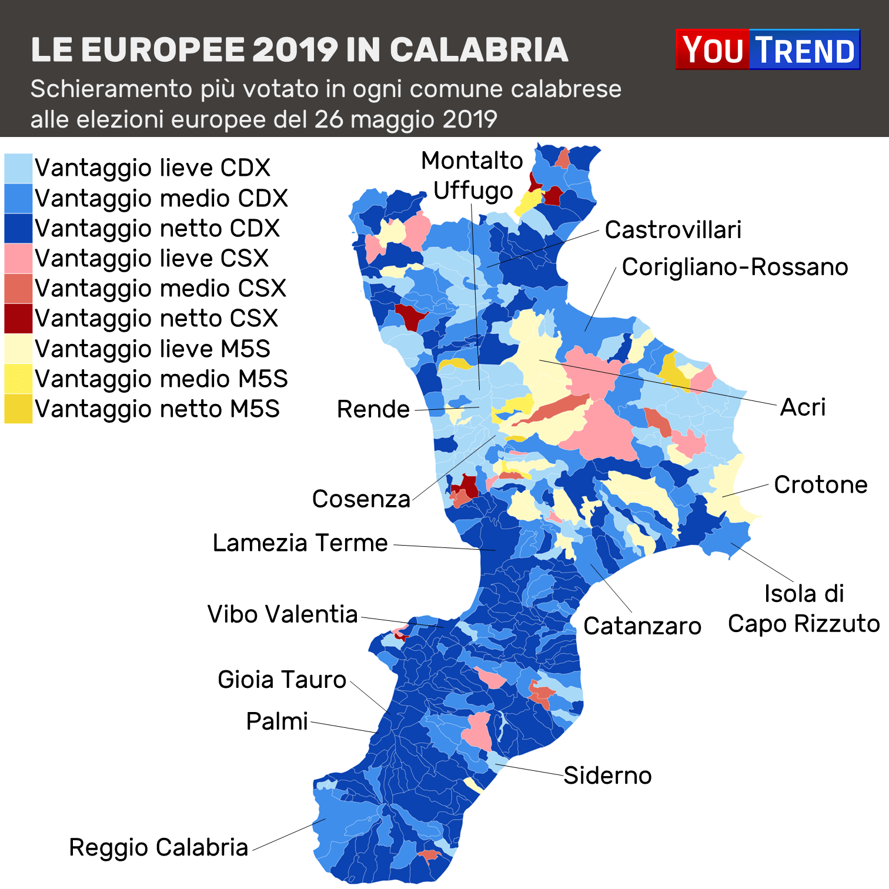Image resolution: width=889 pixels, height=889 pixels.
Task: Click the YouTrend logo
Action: (767, 49)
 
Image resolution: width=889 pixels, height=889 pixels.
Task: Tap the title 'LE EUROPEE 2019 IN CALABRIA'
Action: (299, 49)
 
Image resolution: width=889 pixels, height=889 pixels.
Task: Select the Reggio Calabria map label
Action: (158, 847)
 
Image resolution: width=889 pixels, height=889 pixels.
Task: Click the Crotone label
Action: (820, 484)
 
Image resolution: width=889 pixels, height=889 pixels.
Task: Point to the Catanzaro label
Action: (642, 626)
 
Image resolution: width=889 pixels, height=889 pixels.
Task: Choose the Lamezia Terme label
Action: (300, 543)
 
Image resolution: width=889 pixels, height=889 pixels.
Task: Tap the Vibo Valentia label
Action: (282, 614)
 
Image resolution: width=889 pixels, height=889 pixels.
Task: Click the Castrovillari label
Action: (673, 230)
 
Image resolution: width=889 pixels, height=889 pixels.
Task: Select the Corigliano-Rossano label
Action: (735, 267)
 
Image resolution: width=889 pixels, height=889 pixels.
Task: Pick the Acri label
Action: (803, 407)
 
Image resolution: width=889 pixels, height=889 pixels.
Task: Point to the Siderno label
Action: (607, 776)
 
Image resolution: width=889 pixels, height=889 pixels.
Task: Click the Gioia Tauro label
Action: (282, 680)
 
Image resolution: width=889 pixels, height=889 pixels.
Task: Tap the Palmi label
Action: (277, 721)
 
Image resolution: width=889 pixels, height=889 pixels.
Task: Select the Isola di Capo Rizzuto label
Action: (804, 609)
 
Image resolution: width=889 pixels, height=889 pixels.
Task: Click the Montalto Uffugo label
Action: (472, 175)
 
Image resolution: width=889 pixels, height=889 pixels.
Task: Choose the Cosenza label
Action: (361, 499)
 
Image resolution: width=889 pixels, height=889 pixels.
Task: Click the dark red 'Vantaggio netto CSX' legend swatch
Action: (18, 318)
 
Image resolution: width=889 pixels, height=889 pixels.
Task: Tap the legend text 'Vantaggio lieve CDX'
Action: (152, 168)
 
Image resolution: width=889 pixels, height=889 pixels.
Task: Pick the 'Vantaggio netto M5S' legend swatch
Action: (18, 409)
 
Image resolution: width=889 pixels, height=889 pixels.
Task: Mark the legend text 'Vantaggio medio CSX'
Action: (160, 288)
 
